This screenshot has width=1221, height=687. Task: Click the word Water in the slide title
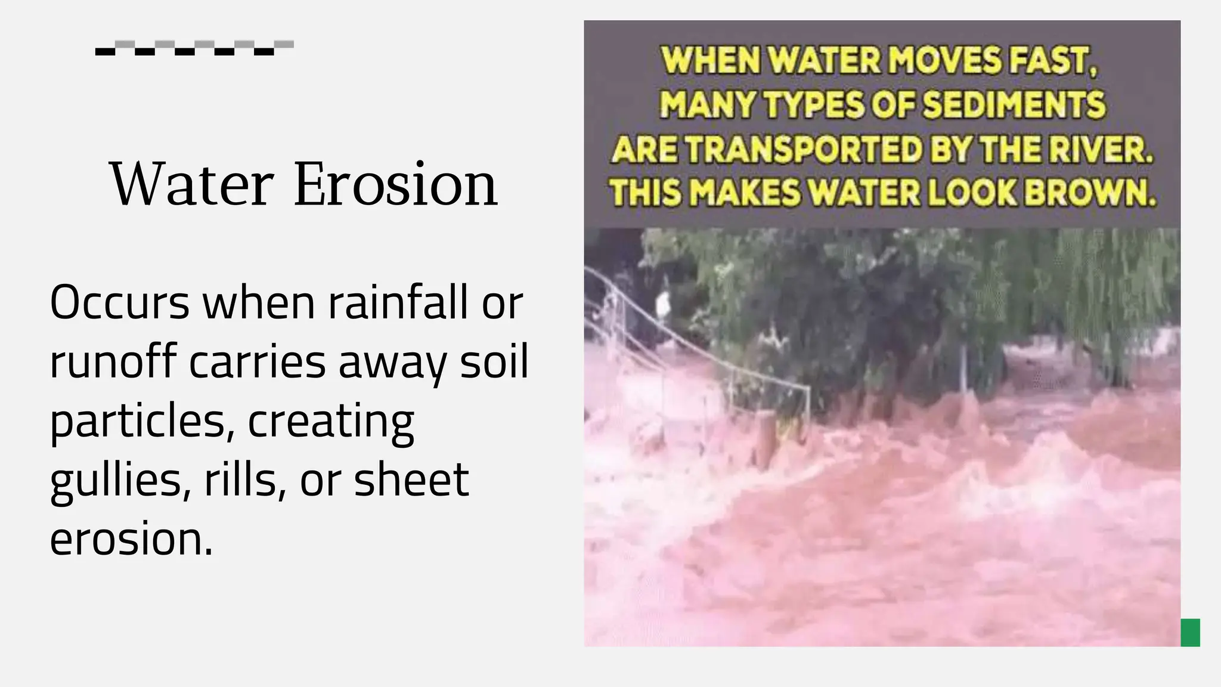191,184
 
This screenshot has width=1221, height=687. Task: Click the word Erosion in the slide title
395,184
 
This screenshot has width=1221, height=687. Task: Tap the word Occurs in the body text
119,302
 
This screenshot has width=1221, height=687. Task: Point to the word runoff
113,361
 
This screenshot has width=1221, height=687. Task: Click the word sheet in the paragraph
411,479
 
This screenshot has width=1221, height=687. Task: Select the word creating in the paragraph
331,421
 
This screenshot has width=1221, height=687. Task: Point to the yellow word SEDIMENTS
1014,105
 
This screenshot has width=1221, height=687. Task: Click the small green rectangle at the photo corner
1190,633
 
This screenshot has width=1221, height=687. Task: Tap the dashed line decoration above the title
194,48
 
